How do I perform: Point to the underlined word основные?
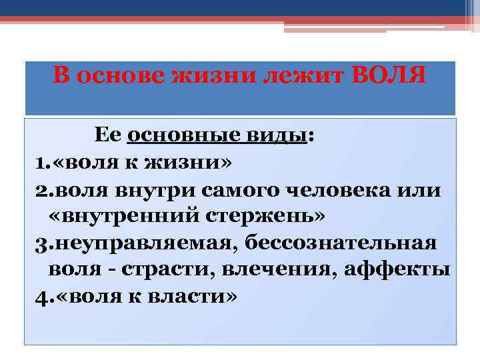(x=176, y=135)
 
